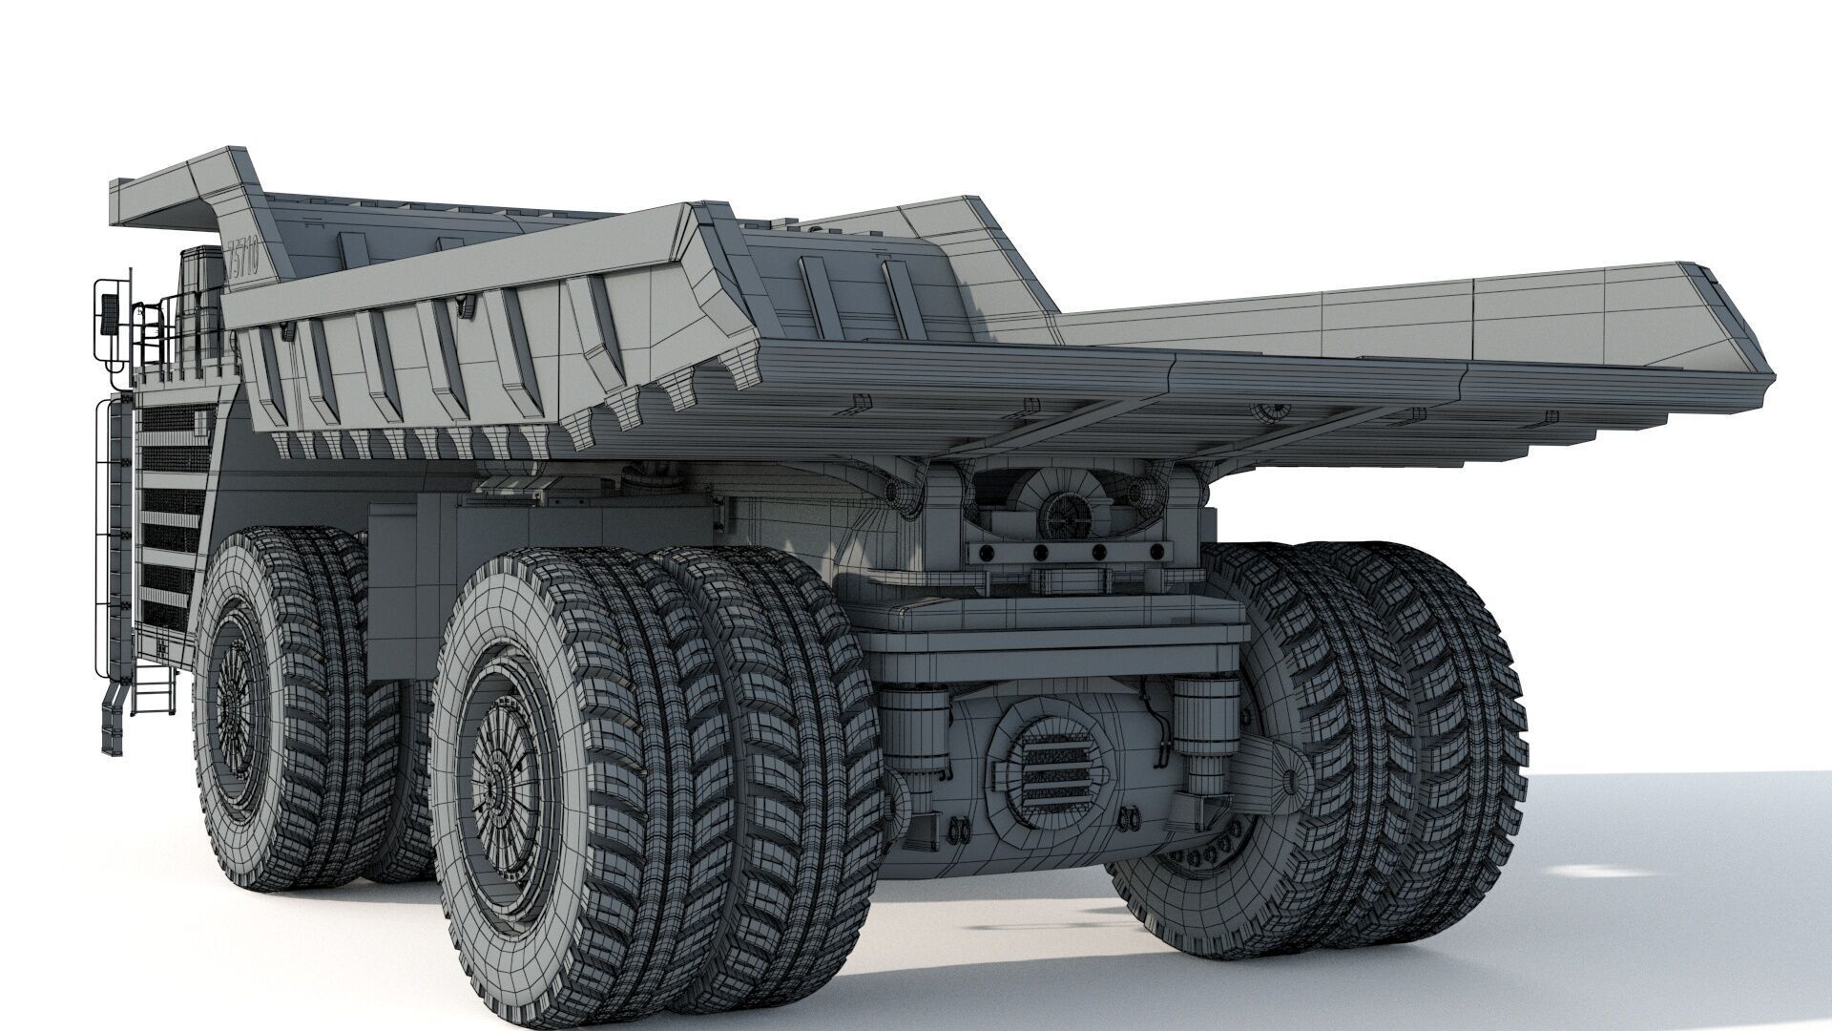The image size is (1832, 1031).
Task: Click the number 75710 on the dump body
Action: coord(242,259)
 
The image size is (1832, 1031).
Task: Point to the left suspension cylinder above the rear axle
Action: coord(915,726)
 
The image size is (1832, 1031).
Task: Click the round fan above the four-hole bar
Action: coord(1059,516)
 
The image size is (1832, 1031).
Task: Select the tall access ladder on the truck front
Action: coord(114,535)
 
